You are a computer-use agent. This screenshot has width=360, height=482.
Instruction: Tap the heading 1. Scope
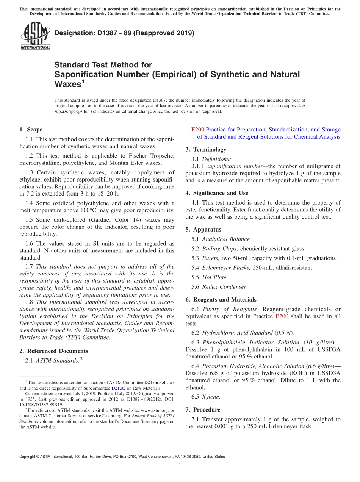point(31,130)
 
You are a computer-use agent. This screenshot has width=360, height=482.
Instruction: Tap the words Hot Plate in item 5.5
point(215,277)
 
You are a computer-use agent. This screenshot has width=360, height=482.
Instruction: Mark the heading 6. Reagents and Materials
point(221,300)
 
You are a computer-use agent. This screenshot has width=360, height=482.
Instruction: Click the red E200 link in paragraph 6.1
point(282,316)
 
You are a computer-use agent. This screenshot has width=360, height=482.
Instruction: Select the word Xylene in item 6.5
point(211,397)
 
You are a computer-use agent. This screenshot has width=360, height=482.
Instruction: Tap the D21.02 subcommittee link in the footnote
point(118,388)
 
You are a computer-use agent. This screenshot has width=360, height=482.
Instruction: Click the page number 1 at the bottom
point(180,466)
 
